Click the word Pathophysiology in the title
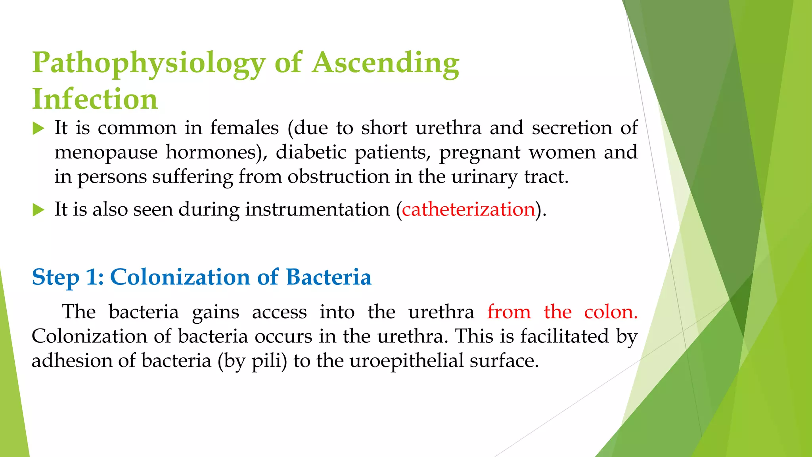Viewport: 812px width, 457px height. (149, 63)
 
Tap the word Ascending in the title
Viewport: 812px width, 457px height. (385, 63)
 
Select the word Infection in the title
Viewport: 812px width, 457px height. (95, 99)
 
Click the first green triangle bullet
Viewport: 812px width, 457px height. (38, 128)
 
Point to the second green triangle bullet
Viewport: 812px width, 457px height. (38, 209)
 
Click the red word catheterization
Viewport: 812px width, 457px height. (468, 209)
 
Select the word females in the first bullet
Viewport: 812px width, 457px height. (244, 128)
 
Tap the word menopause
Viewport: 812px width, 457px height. (106, 152)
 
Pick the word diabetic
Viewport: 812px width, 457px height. (311, 152)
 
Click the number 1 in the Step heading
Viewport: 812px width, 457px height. (94, 277)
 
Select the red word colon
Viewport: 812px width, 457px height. (611, 312)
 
